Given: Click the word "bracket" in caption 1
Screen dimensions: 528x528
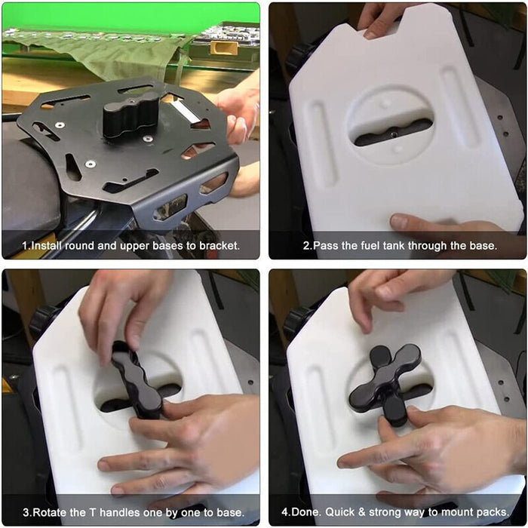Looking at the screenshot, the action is [219, 245].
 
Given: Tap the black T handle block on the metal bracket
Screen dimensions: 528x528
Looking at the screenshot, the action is [130, 115].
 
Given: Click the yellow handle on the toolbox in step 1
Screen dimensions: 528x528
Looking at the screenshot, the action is [224, 48].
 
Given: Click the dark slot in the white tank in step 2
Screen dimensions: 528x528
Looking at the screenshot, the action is [393, 133].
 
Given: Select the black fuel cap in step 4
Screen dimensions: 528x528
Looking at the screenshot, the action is [296, 323].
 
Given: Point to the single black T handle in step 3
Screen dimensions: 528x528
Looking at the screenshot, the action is [137, 379].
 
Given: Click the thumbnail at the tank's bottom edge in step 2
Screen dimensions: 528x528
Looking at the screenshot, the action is [399, 221].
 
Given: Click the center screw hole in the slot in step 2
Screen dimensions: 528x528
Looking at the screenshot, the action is [393, 134].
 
